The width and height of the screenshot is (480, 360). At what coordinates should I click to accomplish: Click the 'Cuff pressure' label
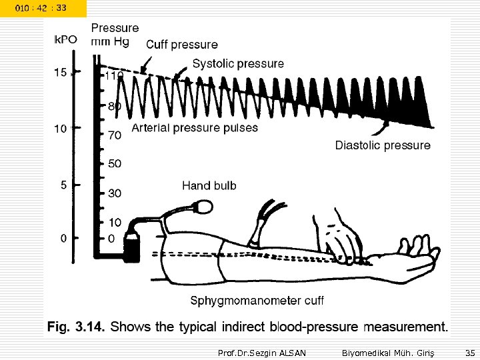(x=181, y=45)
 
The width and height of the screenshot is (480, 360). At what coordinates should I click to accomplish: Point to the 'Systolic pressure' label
(x=238, y=64)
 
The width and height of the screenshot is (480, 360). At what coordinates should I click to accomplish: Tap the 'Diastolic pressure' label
(x=382, y=145)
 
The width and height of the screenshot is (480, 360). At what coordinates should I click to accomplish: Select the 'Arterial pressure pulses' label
(x=195, y=127)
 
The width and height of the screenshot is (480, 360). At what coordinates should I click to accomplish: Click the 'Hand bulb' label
(x=209, y=185)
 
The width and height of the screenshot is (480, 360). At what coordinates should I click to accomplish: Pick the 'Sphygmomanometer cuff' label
(x=257, y=301)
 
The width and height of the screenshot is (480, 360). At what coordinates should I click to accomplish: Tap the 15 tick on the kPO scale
(x=60, y=73)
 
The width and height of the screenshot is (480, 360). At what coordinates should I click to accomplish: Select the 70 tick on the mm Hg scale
(x=114, y=135)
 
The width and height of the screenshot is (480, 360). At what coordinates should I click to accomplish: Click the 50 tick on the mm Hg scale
(x=114, y=163)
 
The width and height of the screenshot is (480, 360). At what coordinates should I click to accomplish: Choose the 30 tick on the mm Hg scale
(x=114, y=193)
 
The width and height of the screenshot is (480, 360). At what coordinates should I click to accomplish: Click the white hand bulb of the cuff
(x=201, y=209)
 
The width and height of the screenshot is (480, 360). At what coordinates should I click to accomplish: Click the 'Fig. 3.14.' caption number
(x=75, y=327)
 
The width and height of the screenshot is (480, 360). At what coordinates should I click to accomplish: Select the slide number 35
(x=469, y=351)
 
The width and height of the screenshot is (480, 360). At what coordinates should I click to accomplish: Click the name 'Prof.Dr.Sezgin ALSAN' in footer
(x=262, y=351)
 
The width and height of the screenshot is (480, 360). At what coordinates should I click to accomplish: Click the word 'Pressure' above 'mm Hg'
(x=115, y=28)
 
